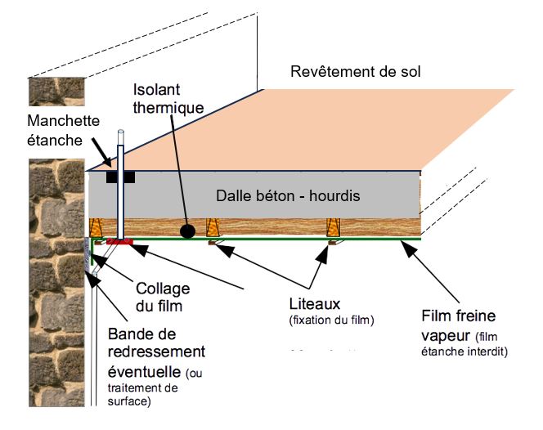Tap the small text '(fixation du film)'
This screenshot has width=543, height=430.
(x=328, y=320)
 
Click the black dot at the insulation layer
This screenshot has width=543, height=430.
(x=187, y=231)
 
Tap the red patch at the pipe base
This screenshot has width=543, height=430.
(x=119, y=242)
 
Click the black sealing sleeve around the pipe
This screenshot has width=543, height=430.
(x=119, y=177)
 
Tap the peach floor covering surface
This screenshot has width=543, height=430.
(x=327, y=131)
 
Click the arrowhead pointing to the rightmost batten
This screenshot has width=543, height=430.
(x=330, y=249)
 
